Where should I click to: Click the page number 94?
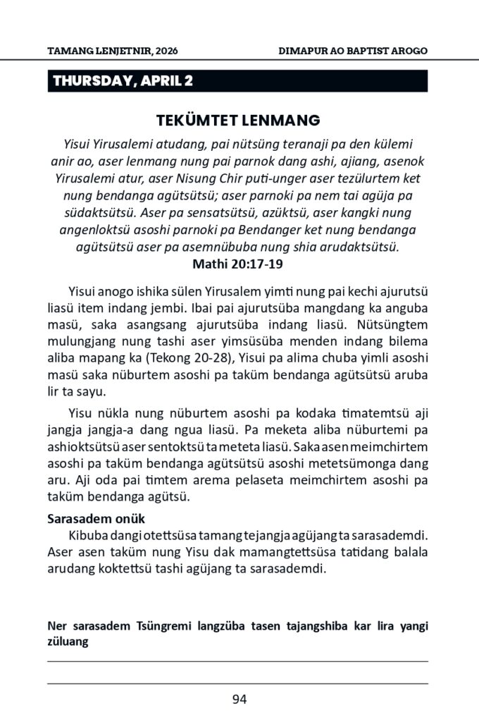(x=239, y=699)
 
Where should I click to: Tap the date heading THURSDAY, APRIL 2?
(x=123, y=80)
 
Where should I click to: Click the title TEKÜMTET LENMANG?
(x=238, y=119)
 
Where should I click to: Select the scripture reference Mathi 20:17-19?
(x=238, y=265)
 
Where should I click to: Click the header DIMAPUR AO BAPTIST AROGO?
(x=353, y=52)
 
